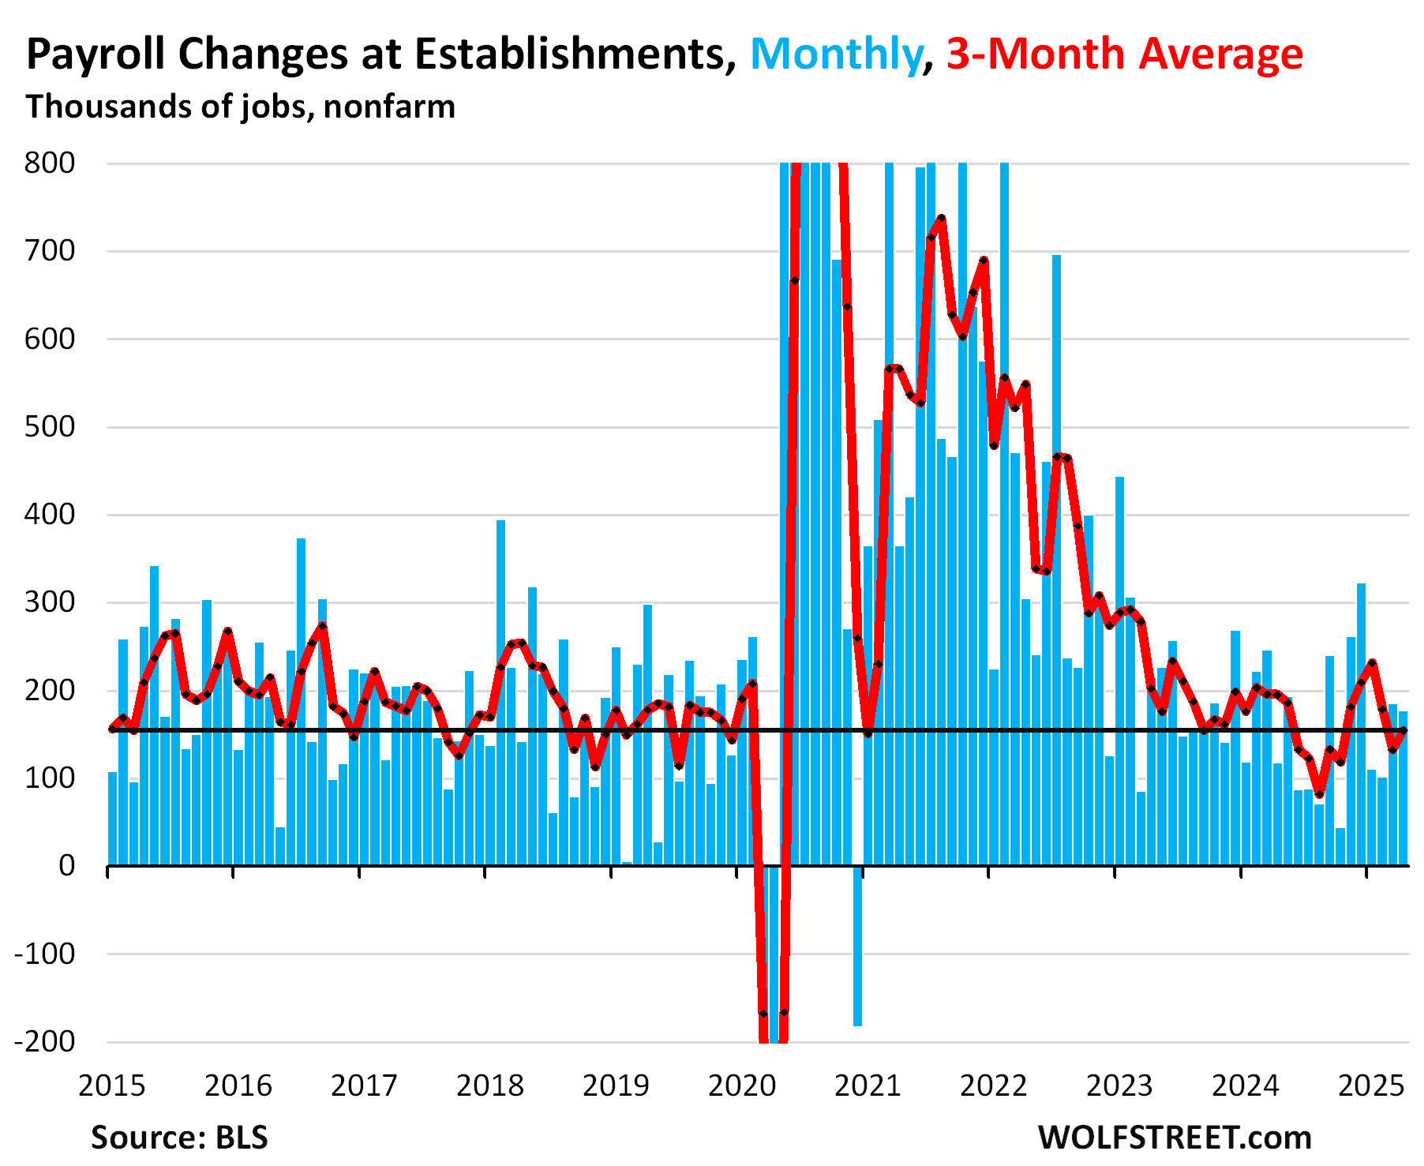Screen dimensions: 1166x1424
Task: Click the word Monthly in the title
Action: pos(835,54)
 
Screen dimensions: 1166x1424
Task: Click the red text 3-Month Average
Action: pos(1124,54)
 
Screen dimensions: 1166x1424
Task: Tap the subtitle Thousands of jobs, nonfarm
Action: pos(241,107)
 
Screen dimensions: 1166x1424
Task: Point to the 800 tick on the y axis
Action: pos(50,163)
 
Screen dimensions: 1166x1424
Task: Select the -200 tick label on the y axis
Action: pos(45,1041)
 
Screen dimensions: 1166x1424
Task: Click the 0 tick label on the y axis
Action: pos(67,866)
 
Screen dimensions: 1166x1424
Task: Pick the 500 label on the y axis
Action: pos(50,427)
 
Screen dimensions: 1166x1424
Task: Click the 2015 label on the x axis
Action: pos(111,1086)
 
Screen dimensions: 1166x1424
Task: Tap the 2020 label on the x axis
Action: pos(741,1086)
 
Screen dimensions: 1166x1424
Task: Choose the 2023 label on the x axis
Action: pos(1119,1086)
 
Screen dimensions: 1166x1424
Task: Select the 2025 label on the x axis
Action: pos(1371,1086)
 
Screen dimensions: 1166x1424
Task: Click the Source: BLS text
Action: pos(179,1138)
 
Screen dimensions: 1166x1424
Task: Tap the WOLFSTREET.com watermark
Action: pos(1175,1138)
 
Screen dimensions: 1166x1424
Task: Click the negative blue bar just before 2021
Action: pos(857,947)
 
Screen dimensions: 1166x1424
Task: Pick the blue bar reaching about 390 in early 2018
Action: pos(500,687)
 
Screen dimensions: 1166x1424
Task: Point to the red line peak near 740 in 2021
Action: pos(941,218)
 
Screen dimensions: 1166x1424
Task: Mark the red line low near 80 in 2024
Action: pos(1319,794)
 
